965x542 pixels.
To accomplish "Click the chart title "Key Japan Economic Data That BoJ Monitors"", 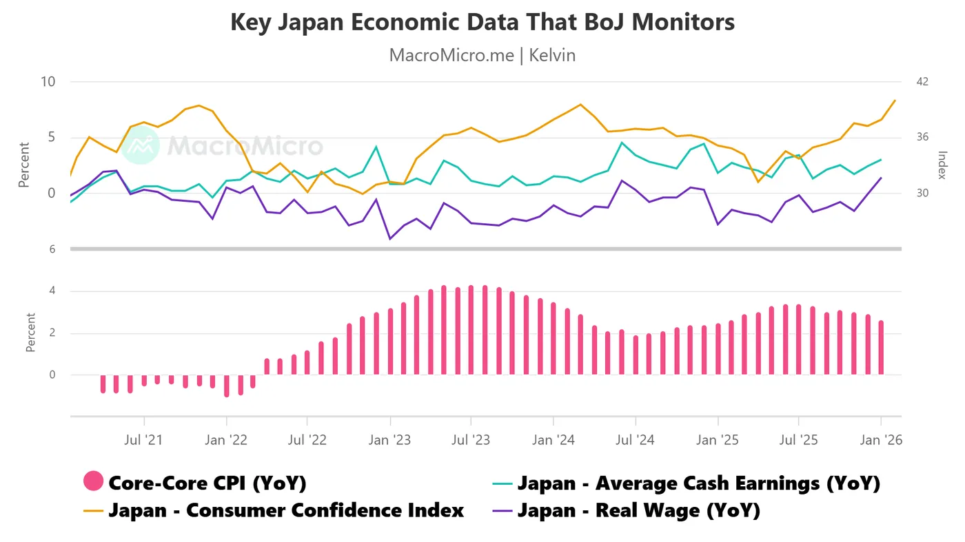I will pos(482,22).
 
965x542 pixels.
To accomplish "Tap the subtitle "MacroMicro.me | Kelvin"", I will pos(482,55).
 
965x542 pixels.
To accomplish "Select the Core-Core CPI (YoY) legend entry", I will pos(207,483).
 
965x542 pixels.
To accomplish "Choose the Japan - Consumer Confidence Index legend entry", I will pos(285,510).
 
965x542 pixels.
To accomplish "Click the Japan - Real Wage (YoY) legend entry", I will pos(638,510).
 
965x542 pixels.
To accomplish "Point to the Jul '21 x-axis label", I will pos(144,439).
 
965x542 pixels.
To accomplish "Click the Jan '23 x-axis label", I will pos(390,439).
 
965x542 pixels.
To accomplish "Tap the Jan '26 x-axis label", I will pos(881,439).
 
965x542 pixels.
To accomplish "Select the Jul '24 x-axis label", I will pos(635,439).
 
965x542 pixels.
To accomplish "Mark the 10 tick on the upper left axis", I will pos(48,82).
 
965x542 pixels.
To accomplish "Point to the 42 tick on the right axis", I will pos(922,82).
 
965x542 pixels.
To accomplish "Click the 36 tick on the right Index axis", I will pos(922,137).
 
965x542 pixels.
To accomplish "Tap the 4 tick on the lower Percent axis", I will pos(52,291).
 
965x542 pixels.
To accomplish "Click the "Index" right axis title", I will pos(942,165).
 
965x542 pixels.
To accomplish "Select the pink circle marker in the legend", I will pos(93,482).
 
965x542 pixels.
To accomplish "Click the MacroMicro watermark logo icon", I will pos(141,145).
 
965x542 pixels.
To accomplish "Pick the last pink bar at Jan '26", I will pos(881,348).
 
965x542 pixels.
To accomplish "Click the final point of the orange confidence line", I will pos(895,101).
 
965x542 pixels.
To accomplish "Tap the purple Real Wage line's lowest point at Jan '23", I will pos(390,238).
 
